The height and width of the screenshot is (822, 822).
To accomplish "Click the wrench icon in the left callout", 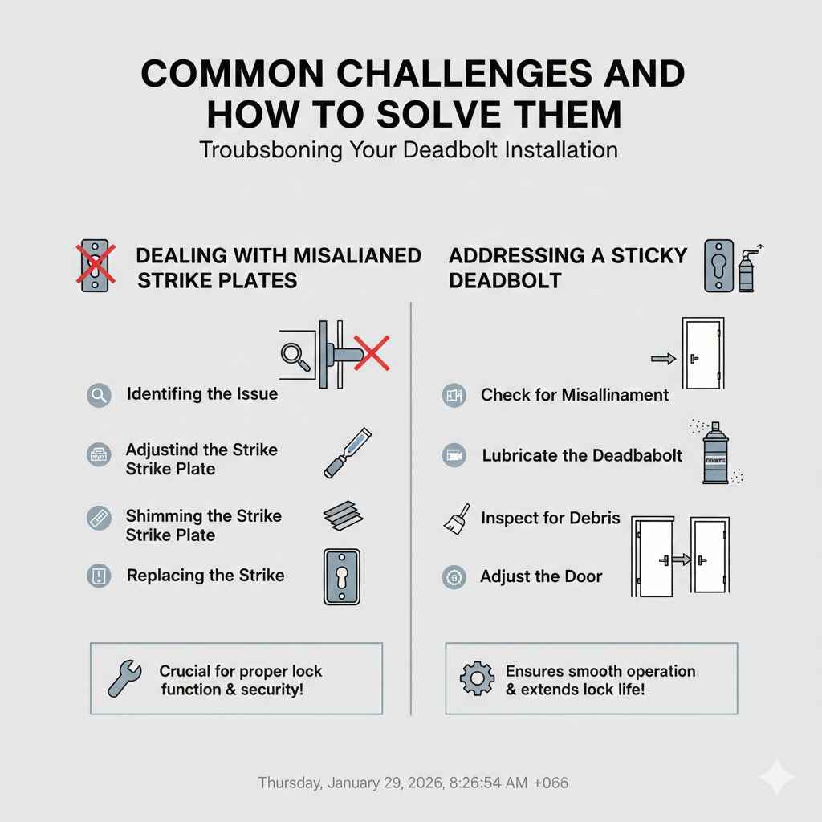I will click(124, 679).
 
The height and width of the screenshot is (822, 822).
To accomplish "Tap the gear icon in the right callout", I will click(477, 679).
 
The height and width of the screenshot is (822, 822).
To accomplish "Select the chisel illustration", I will click(347, 454).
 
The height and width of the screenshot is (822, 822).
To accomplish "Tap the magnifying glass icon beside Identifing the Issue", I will click(99, 395).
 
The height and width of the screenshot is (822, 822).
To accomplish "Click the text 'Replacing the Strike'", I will click(205, 576).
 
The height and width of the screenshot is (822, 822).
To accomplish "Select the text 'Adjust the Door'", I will click(540, 576).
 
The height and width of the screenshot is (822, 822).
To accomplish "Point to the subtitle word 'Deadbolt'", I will click(452, 149).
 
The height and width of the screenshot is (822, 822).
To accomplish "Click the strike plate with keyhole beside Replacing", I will click(342, 577).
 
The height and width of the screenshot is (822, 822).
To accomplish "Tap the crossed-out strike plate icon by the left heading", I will click(95, 264).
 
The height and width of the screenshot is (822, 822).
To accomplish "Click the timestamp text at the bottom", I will click(413, 782).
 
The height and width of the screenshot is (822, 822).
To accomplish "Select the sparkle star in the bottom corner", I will click(776, 777).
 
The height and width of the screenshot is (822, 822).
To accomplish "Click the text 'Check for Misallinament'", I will click(574, 395).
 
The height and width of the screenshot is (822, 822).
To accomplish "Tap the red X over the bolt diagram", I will click(371, 353).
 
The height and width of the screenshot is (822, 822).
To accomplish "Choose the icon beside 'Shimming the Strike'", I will click(99, 517).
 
